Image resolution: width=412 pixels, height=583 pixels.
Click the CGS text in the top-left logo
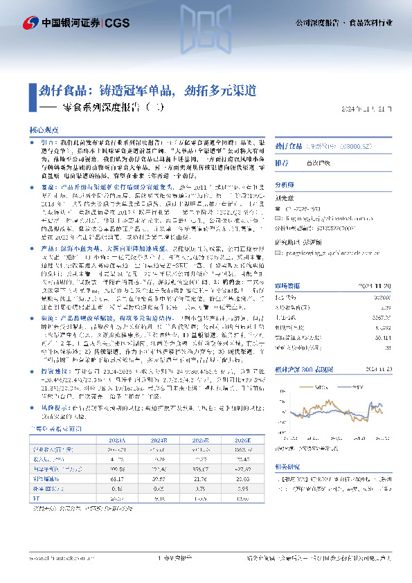point(118,23)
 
